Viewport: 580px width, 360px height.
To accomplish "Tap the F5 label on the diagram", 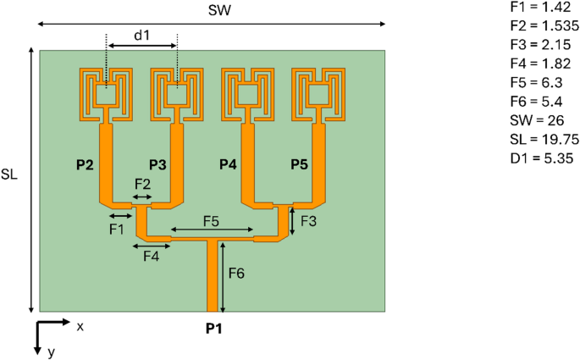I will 212,220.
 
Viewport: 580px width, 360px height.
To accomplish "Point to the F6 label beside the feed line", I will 239,273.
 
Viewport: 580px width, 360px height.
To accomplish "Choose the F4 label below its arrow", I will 151,255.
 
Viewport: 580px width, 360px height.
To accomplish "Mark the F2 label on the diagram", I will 142,184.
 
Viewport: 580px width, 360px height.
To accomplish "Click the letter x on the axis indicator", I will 80,326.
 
